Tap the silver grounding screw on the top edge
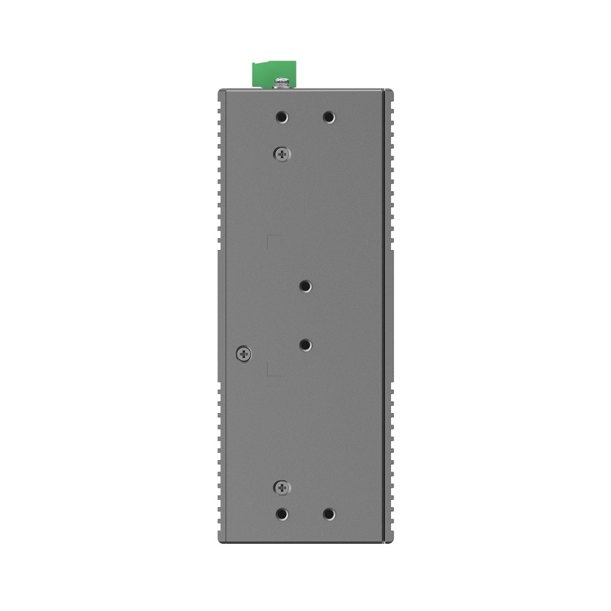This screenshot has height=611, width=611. coord(282,82)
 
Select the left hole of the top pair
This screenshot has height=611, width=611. coord(282,117)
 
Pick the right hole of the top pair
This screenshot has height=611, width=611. coord(329,117)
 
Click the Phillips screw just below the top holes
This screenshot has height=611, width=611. coord(282,155)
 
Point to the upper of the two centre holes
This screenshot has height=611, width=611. coord(305,285)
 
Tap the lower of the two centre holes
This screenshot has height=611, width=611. coord(305,345)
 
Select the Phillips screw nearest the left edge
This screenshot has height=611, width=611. coord(244,353)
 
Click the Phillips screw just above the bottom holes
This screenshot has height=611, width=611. coord(282,487)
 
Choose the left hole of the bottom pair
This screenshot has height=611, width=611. coord(282,514)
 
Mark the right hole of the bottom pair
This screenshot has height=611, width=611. coord(329,514)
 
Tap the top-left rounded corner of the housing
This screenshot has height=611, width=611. coord(220,92)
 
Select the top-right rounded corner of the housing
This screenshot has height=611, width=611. coord(391,92)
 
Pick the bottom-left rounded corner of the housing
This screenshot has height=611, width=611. coord(220,541)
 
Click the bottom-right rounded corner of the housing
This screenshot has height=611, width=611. coord(391,541)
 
